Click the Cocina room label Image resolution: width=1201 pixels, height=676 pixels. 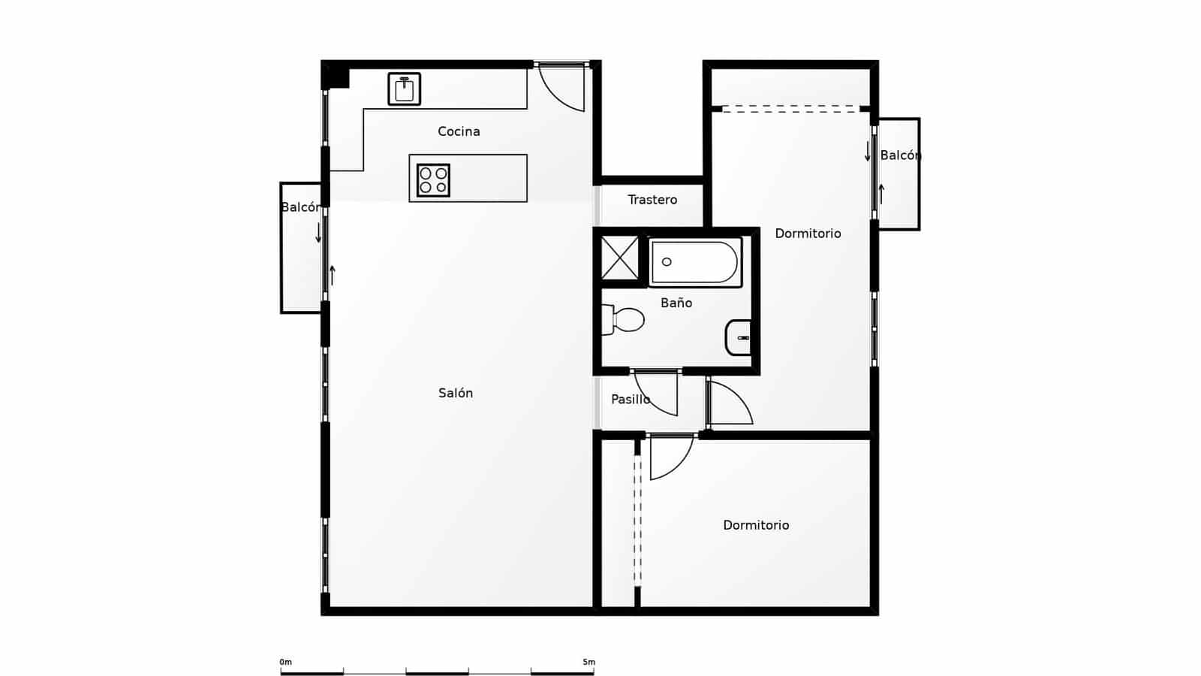(x=459, y=131)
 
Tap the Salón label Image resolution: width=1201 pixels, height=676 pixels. (x=456, y=393)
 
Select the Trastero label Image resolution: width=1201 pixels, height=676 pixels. (x=652, y=200)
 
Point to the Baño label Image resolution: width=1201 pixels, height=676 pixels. (x=676, y=303)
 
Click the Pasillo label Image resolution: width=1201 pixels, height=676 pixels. (x=630, y=400)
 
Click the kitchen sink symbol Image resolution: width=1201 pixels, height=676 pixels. (x=404, y=89)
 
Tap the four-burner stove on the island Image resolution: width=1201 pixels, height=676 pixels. (x=433, y=180)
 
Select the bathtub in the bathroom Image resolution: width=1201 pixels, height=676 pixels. (x=695, y=262)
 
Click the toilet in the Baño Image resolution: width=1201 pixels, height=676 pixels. (x=624, y=320)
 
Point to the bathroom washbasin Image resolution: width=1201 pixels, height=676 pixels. (x=739, y=338)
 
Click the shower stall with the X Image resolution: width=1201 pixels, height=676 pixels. (x=620, y=258)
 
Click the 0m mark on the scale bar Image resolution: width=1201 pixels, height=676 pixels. (x=285, y=662)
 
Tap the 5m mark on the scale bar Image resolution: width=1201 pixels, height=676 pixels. (x=588, y=662)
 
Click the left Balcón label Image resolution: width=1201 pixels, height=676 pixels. (x=300, y=207)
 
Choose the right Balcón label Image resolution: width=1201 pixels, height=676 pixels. (x=900, y=155)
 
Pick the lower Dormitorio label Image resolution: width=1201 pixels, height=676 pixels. (x=756, y=525)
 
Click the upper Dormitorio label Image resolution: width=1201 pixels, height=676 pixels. (x=808, y=234)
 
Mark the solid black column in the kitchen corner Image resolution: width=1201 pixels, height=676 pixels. (x=336, y=75)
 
